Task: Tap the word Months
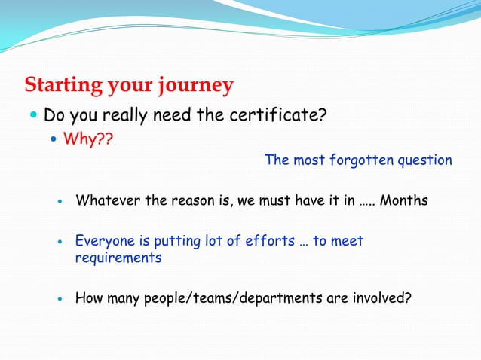[404, 201]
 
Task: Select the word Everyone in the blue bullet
[106, 241]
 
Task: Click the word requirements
[118, 258]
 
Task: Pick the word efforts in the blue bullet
[268, 241]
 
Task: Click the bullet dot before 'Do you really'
[33, 117]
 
